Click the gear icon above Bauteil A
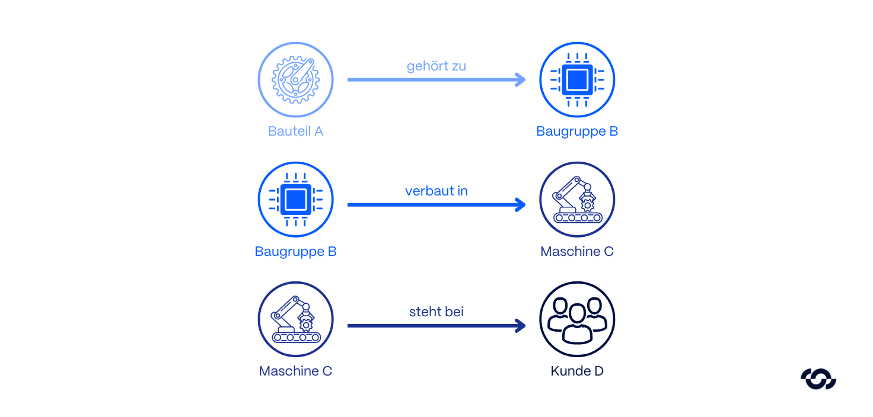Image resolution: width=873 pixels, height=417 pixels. point(295,80)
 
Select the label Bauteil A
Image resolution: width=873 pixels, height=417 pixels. point(295,131)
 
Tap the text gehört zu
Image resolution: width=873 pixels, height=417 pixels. point(436,66)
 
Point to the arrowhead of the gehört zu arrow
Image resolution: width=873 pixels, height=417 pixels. point(521,79)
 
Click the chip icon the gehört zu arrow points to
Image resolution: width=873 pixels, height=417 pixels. point(577,80)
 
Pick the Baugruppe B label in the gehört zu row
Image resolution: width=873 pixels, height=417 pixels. point(577,131)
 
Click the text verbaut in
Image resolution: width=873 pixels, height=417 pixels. point(436,191)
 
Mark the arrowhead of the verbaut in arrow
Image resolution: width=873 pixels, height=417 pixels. point(521,205)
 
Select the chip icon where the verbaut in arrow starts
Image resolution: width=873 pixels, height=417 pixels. point(295,200)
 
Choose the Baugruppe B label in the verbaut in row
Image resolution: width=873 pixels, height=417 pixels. point(295,252)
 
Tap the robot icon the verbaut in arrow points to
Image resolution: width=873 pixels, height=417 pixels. point(577,200)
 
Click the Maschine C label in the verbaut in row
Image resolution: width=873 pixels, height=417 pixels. point(577,252)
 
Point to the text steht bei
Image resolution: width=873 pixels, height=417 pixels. point(436,312)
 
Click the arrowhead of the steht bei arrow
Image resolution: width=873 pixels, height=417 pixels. point(521,325)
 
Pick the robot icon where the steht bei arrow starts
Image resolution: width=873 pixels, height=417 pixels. point(295,319)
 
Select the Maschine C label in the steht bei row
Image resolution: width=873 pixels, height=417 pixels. point(295,371)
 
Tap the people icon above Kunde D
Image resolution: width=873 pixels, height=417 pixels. point(577,319)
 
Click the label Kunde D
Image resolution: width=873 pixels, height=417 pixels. point(577,371)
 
